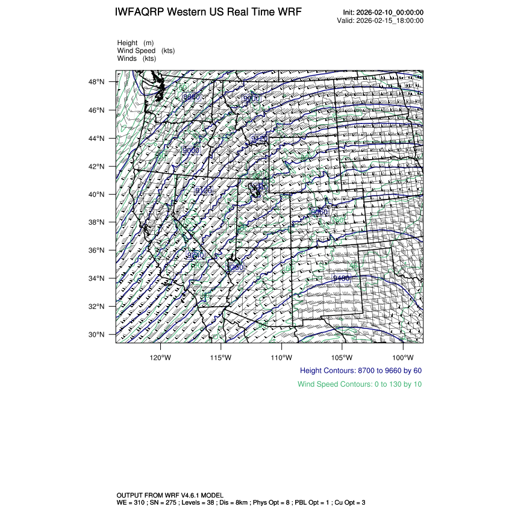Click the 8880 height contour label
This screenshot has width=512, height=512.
(192, 96)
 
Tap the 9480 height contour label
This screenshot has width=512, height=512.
(342, 278)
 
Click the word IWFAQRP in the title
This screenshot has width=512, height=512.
(140, 13)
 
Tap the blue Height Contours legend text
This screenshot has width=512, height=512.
(360, 370)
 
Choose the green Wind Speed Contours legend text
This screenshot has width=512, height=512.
(360, 384)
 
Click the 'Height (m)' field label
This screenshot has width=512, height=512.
(136, 43)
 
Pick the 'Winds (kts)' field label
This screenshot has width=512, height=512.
(136, 58)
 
